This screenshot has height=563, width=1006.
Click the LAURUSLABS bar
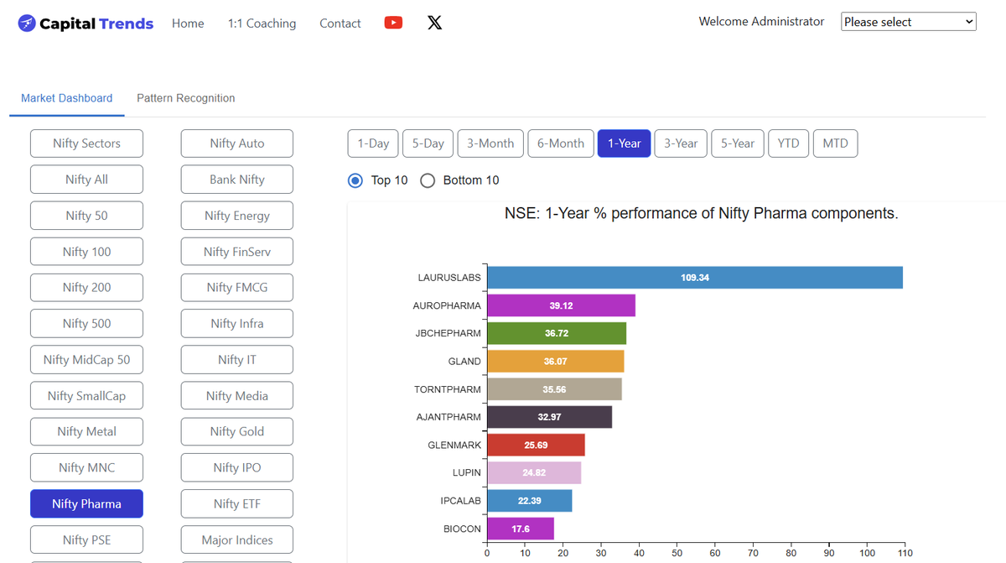(x=695, y=278)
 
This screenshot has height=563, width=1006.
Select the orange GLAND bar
(x=556, y=362)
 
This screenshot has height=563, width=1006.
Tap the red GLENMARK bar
(x=536, y=445)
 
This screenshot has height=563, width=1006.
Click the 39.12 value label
(x=561, y=305)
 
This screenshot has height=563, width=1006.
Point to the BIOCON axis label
(x=462, y=529)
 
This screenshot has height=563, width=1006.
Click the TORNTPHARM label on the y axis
(x=448, y=389)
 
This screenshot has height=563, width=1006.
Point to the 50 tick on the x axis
(x=677, y=553)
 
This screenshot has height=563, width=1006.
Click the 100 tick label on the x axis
(x=867, y=553)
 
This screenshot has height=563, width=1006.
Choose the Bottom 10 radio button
(x=428, y=180)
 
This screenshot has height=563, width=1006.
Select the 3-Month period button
(x=490, y=143)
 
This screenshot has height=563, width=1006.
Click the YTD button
(x=788, y=143)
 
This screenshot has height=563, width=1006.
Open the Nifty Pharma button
(x=86, y=503)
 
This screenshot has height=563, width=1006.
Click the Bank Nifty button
(x=237, y=180)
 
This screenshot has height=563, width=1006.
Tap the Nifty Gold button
(x=237, y=431)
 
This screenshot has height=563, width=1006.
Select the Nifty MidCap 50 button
(x=86, y=359)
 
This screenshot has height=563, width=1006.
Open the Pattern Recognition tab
(x=186, y=98)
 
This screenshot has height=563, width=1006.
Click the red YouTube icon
(x=393, y=23)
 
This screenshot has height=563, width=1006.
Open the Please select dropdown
(x=909, y=22)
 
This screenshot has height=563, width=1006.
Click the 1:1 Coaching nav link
(x=262, y=23)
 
